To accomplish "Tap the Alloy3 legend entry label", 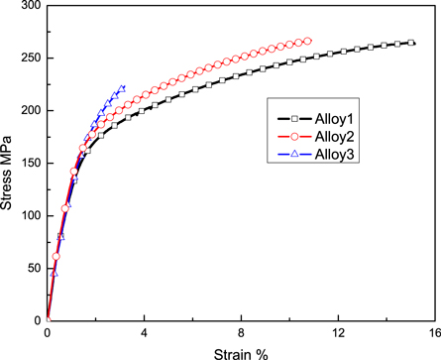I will click(335, 154).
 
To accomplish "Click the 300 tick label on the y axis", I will click(29, 6).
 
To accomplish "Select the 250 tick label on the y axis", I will click(29, 59).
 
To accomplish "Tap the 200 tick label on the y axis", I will click(29, 111).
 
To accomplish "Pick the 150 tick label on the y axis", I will click(29, 164).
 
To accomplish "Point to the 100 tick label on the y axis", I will click(29, 216).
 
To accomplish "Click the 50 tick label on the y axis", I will click(33, 269).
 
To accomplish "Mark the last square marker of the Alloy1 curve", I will click(410, 43).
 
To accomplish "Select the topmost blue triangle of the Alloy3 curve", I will click(122, 87).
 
